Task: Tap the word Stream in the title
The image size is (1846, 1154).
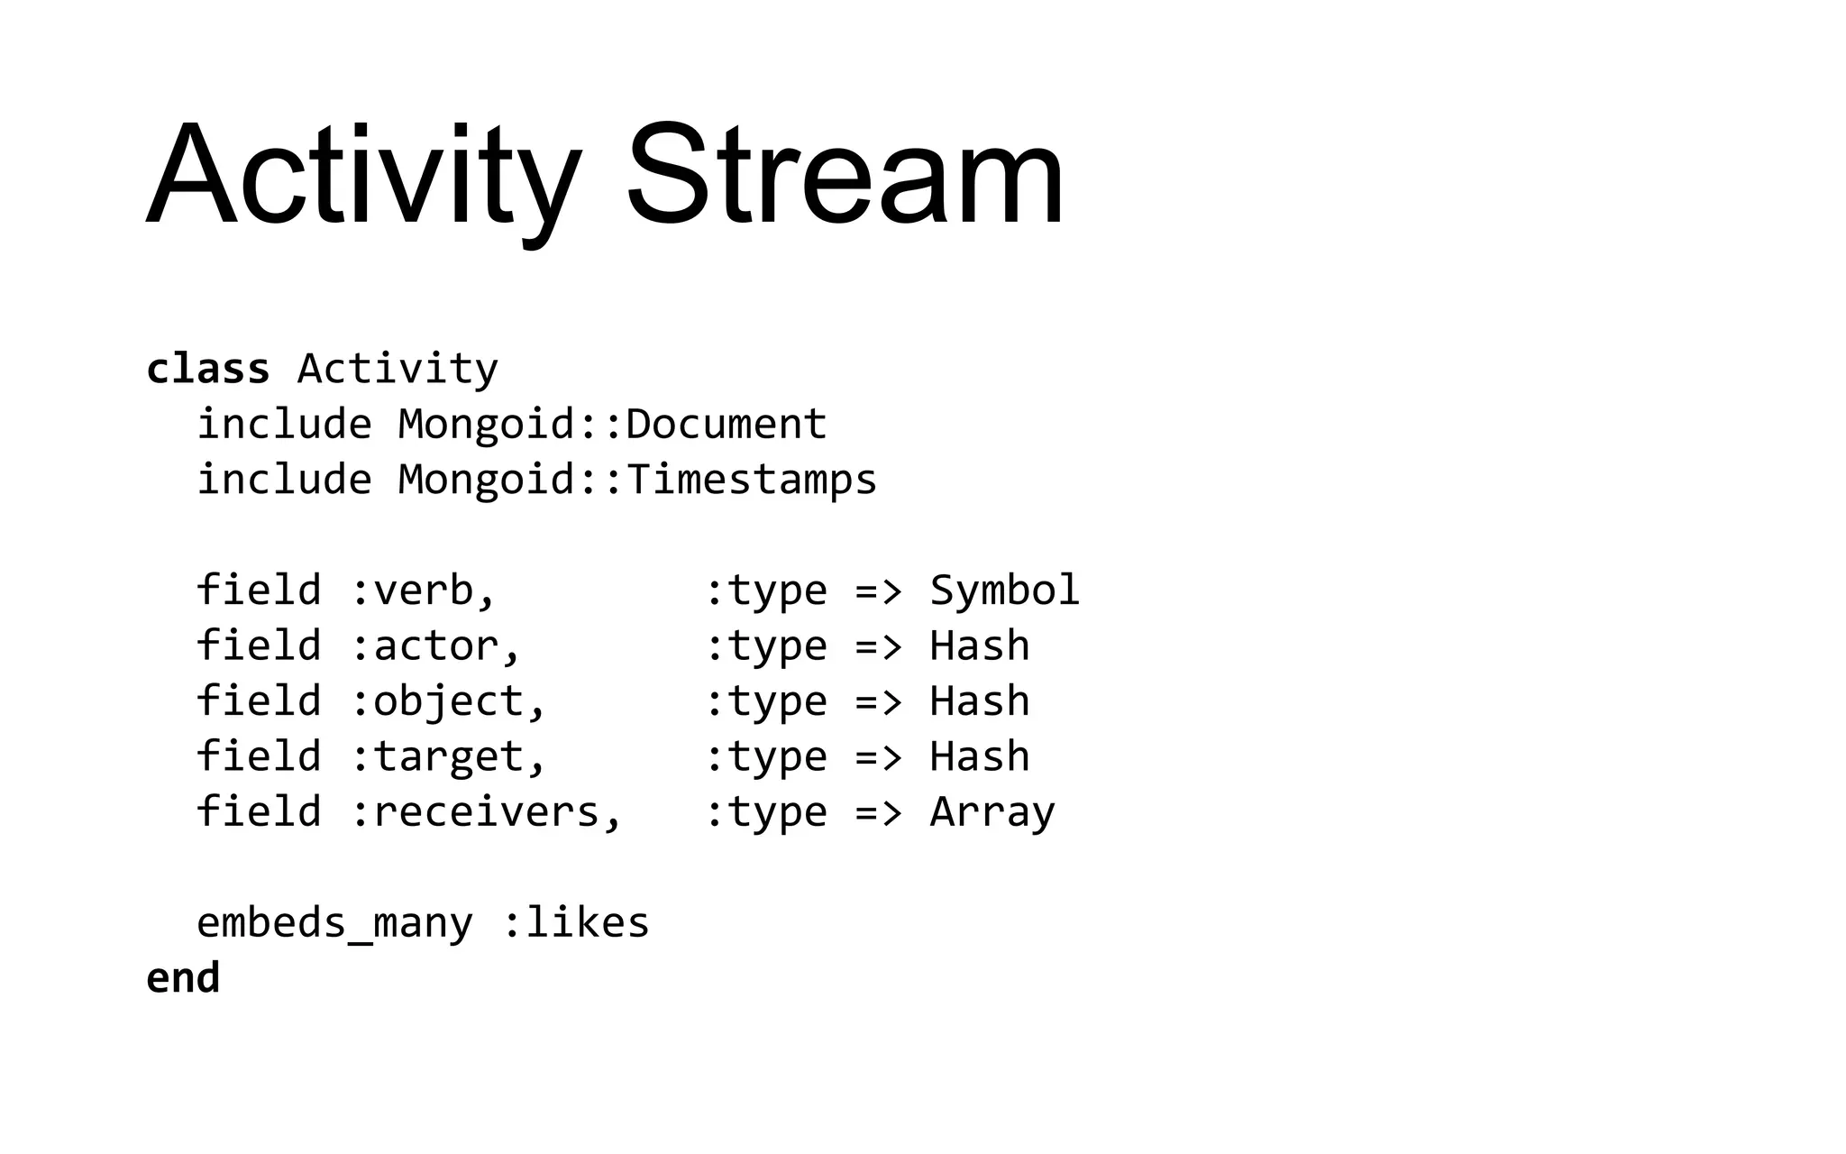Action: [845, 175]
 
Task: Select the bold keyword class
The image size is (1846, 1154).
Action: [207, 369]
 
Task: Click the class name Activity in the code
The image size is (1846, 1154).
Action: [398, 369]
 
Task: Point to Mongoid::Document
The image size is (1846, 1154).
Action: [612, 424]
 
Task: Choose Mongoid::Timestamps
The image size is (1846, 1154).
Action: [637, 479]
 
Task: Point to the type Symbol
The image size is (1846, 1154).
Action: [1004, 591]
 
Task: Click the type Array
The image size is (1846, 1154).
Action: [992, 811]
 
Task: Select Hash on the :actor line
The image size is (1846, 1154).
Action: [979, 646]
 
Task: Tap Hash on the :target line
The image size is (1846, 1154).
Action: [979, 756]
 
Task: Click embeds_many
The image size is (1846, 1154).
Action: [334, 922]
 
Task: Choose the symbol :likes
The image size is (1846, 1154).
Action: [575, 922]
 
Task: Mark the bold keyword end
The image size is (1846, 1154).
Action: [183, 978]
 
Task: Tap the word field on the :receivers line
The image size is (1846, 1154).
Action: [259, 811]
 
